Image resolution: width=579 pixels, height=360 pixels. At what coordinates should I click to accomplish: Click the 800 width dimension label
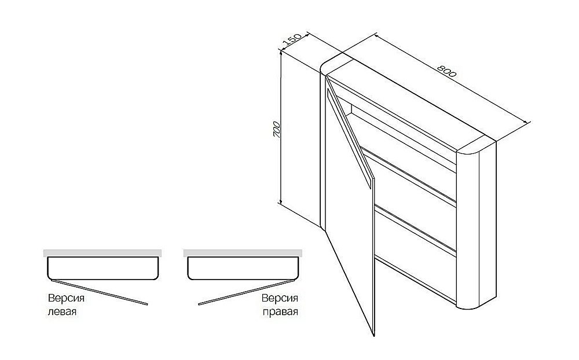tap(447, 71)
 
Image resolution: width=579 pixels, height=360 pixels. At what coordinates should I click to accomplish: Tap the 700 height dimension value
tap(277, 130)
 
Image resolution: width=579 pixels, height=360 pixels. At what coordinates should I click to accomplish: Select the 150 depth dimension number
tap(292, 41)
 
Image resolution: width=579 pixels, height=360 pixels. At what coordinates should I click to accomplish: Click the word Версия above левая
tap(66, 298)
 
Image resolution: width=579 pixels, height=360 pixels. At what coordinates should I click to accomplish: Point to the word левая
tap(62, 311)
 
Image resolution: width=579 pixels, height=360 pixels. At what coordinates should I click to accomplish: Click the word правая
tap(280, 311)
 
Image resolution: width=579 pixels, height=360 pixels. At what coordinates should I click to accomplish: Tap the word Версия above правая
tap(280, 298)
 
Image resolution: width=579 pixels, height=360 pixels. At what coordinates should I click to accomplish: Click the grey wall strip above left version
tap(102, 253)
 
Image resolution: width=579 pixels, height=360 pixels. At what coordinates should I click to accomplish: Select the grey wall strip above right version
tap(243, 253)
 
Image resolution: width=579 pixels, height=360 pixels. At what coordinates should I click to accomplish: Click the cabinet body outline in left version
tap(102, 279)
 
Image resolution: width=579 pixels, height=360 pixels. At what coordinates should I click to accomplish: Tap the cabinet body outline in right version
tap(243, 279)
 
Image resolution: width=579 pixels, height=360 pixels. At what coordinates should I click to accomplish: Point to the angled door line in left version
tap(100, 292)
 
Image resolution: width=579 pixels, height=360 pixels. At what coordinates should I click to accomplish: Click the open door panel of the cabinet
tap(349, 207)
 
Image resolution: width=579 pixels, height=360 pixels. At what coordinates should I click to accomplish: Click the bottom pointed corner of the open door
tap(373, 336)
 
